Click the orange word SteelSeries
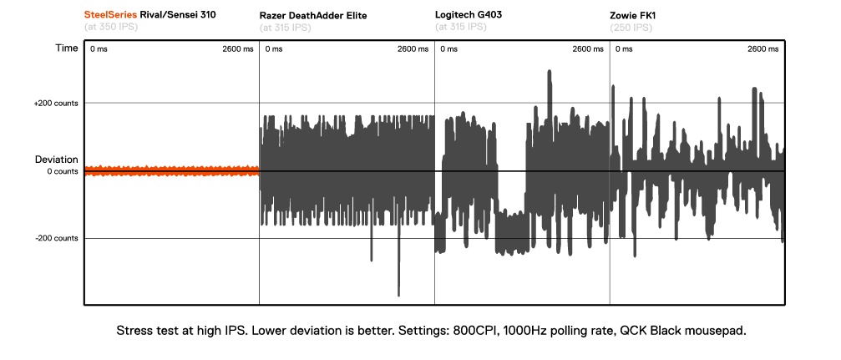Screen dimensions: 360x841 [111, 15]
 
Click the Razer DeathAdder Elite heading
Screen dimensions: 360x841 [313, 15]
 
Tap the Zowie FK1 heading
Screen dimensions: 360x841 [633, 15]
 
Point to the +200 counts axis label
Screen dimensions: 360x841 [56, 103]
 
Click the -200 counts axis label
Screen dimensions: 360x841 [57, 238]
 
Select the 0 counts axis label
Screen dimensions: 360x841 [63, 171]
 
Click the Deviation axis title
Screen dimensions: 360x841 [56, 159]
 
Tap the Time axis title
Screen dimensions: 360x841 [67, 48]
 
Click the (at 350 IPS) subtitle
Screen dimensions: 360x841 [111, 28]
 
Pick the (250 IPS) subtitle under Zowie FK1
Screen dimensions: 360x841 [632, 28]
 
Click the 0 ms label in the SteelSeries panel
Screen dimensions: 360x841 [99, 48]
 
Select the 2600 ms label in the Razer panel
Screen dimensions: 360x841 [413, 48]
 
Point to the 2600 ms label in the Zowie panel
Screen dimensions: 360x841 [762, 48]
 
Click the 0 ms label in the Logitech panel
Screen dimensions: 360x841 [448, 48]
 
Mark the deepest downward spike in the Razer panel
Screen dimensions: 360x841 [399, 292]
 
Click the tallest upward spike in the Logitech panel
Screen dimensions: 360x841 [549, 74]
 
